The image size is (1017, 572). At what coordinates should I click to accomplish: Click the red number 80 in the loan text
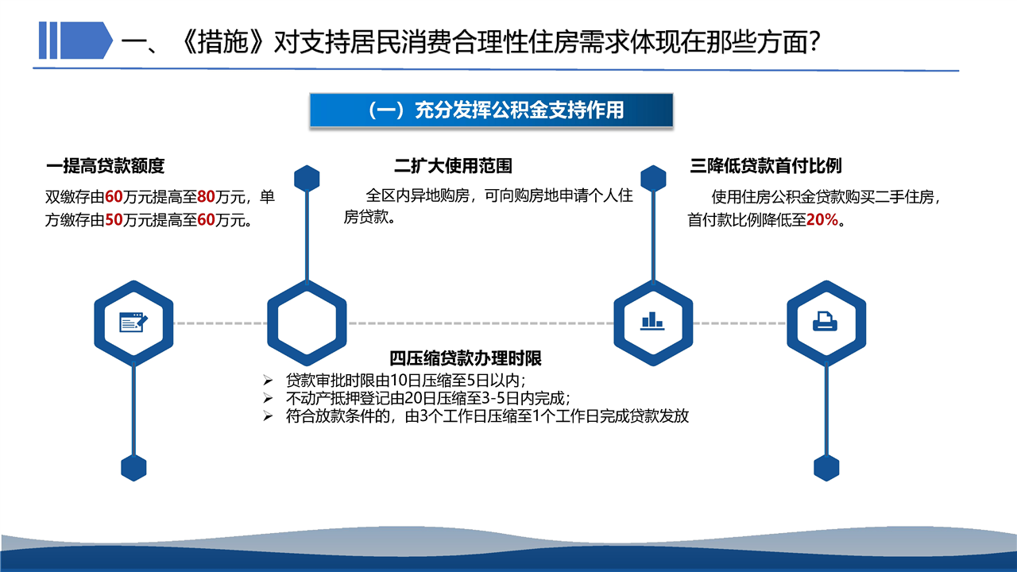pyautogui.click(x=206, y=197)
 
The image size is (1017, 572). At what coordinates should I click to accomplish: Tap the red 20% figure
pyautogui.click(x=822, y=220)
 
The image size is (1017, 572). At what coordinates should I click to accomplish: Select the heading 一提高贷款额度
pyautogui.click(x=105, y=166)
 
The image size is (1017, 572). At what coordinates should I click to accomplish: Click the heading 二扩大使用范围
pyautogui.click(x=453, y=166)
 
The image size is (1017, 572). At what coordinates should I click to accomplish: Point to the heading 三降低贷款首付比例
pyautogui.click(x=766, y=166)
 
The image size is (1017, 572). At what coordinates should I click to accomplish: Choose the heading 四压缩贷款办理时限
pyautogui.click(x=466, y=358)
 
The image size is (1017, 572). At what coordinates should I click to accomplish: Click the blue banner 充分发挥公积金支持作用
pyautogui.click(x=491, y=110)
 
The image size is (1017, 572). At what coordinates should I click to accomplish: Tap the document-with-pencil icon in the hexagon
pyautogui.click(x=133, y=323)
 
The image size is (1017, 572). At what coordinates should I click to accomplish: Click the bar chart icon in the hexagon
pyautogui.click(x=653, y=321)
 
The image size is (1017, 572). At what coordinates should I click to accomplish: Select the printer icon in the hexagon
pyautogui.click(x=825, y=322)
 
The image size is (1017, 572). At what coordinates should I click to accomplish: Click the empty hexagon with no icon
pyautogui.click(x=307, y=323)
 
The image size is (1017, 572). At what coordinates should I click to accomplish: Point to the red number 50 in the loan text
pyautogui.click(x=114, y=220)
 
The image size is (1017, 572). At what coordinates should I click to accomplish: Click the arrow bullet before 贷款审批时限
pyautogui.click(x=268, y=381)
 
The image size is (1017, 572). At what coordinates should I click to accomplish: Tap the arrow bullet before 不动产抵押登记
pyautogui.click(x=268, y=399)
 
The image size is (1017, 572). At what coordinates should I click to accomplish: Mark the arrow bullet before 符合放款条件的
pyautogui.click(x=268, y=415)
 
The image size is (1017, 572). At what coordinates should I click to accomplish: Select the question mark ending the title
pyautogui.click(x=815, y=42)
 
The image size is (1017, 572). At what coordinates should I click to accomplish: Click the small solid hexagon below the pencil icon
pyautogui.click(x=133, y=468)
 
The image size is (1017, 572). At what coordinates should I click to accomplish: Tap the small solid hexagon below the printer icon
pyautogui.click(x=826, y=468)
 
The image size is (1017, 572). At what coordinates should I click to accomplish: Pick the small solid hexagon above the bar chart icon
pyautogui.click(x=653, y=178)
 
